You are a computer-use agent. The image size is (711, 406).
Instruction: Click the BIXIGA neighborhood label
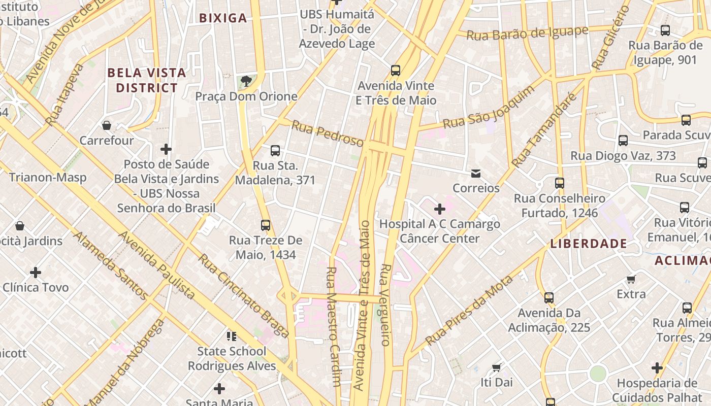pos(223,18)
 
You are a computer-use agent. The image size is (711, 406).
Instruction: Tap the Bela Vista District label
pos(147,80)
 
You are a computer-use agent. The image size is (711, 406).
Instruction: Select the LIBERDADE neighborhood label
pos(589,244)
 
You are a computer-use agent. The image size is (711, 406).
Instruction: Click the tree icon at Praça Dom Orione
pos(246,81)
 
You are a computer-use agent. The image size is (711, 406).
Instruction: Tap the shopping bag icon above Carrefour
pos(107,125)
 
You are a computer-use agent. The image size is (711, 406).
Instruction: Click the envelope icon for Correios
pos(476,174)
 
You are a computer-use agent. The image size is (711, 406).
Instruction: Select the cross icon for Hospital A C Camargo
pos(440,209)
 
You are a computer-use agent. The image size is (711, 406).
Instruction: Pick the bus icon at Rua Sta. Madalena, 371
pos(275,151)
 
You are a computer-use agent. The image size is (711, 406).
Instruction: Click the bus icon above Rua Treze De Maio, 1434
pos(266,225)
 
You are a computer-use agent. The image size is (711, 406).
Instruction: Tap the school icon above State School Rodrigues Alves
pos(232,336)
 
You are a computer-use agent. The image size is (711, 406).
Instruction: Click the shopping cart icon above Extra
pos(631,279)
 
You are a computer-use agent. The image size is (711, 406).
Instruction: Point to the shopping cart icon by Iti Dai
pos(497,367)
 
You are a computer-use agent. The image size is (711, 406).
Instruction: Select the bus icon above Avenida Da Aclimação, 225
pos(549,298)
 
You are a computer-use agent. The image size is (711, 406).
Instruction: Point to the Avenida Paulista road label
pos(157,265)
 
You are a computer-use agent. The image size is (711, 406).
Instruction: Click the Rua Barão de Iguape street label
pos(527,33)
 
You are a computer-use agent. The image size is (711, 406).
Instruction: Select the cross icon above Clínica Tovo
pos(36,273)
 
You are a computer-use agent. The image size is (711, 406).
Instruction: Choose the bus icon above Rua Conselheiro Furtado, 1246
pos(560,183)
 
